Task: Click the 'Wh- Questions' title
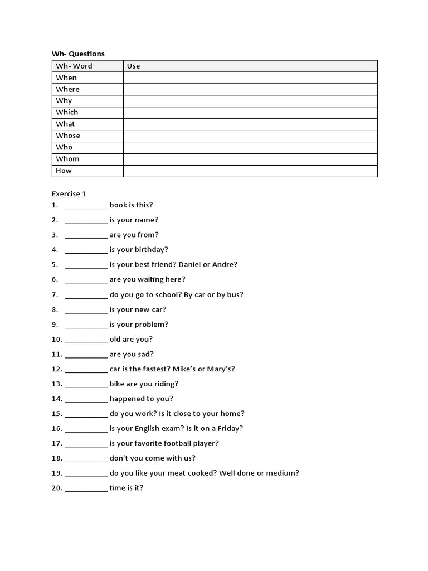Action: pos(78,54)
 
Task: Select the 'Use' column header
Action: pos(133,66)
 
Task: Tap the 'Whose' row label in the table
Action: pos(68,136)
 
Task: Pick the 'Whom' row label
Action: pos(67,159)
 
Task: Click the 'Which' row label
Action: pos(67,112)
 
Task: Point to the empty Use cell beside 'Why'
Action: pos(250,101)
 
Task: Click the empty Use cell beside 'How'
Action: pos(250,171)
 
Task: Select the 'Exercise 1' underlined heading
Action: pos(69,194)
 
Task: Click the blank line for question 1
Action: pos(86,205)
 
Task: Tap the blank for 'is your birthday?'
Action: pos(86,250)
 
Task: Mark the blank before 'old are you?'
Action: pos(86,339)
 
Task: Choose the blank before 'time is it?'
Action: pos(86,488)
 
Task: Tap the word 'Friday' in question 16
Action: pos(227,428)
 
